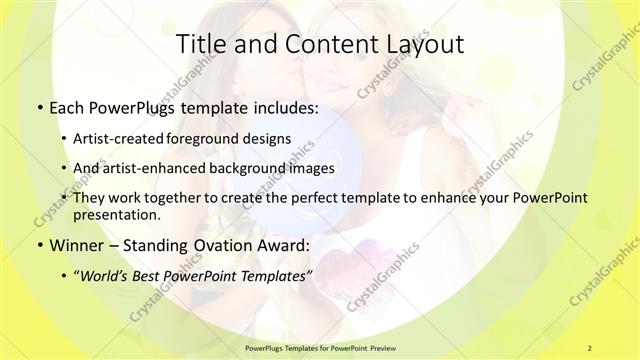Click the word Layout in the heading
423,44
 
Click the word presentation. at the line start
116,215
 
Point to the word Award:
281,245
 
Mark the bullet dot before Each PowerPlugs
39,106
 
